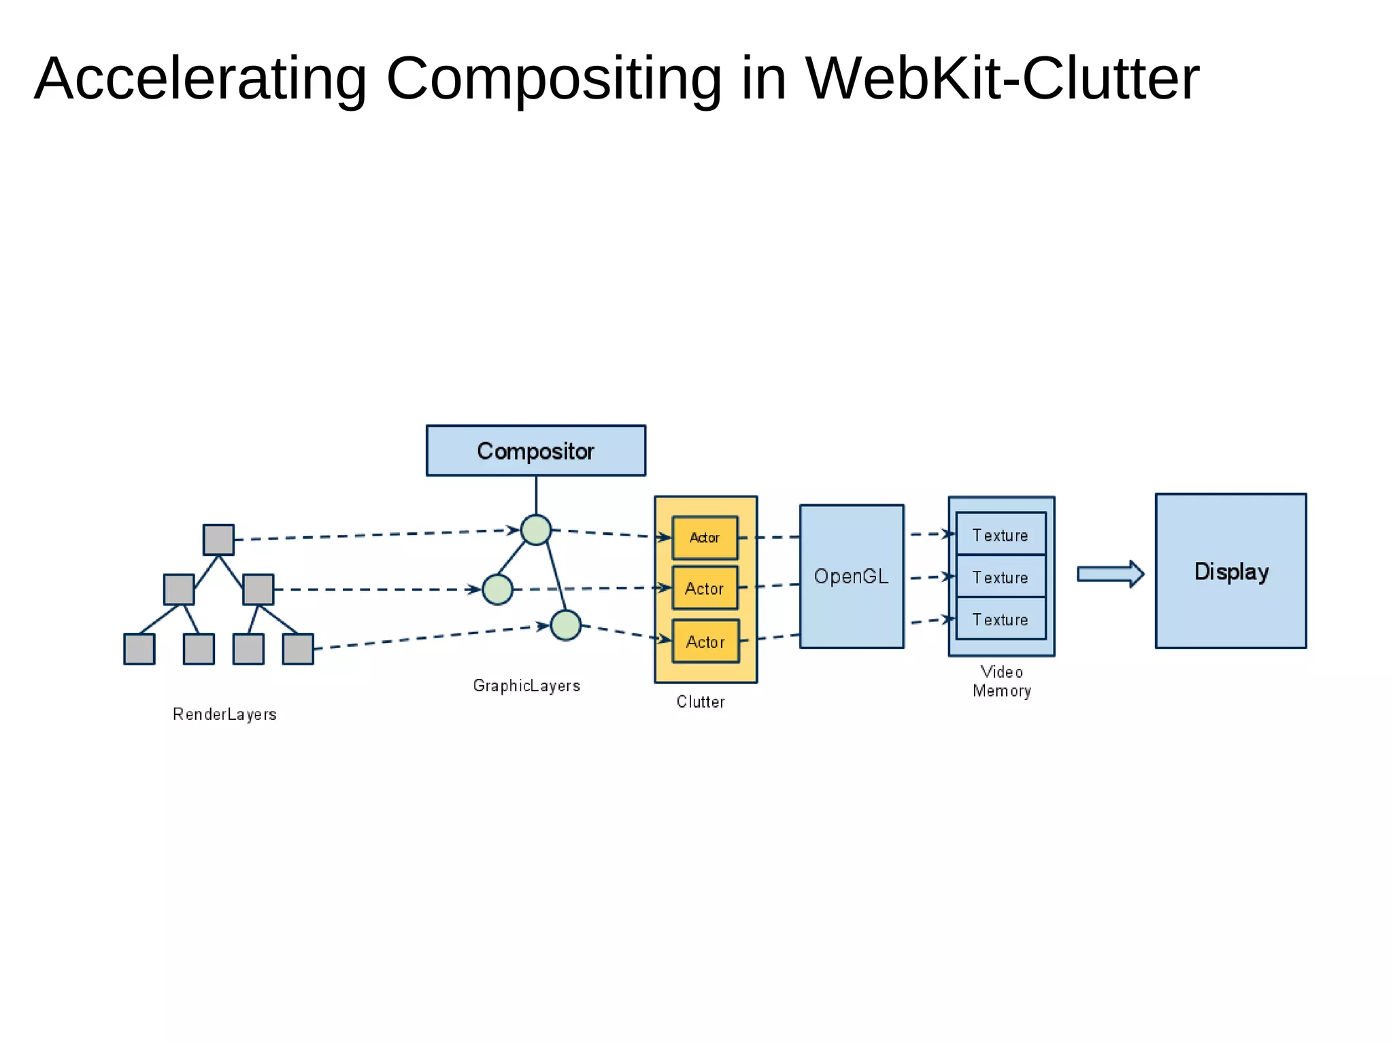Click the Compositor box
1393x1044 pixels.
click(535, 451)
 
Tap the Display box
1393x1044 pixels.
click(1230, 571)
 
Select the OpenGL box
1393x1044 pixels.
click(851, 576)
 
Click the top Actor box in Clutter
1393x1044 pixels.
click(705, 538)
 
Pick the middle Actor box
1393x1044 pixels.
click(705, 588)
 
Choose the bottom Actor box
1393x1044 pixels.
click(705, 642)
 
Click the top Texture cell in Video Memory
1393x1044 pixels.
click(1000, 535)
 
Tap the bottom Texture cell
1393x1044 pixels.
click(1000, 619)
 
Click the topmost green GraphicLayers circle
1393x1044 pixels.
click(536, 530)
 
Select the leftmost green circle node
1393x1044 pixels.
click(497, 589)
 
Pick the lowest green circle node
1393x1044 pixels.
click(565, 625)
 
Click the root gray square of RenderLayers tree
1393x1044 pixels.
click(218, 540)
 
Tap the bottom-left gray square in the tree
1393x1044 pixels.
click(139, 649)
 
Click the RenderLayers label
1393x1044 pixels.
click(224, 714)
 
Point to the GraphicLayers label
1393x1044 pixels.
click(526, 686)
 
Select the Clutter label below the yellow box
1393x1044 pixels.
click(701, 702)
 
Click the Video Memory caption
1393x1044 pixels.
click(1001, 681)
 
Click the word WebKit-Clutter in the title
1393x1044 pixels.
click(1002, 79)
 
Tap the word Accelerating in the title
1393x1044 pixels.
click(201, 79)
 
